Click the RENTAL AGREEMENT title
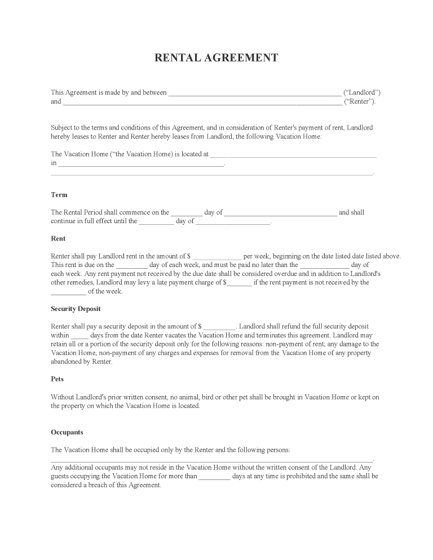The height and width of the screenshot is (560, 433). click(216, 58)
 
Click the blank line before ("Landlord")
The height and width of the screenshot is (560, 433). click(255, 94)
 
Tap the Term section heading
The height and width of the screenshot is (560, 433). click(59, 195)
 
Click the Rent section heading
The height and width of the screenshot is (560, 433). click(58, 238)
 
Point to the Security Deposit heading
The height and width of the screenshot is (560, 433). click(76, 309)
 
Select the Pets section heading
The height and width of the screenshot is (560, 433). click(58, 380)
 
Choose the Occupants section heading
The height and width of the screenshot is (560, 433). click(67, 432)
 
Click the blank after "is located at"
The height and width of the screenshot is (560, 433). click(293, 155)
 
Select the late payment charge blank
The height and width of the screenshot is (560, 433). click(239, 283)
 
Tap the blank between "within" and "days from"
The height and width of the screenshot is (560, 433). click(79, 336)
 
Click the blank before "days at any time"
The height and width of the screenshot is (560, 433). click(215, 477)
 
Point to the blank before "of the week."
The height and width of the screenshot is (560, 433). click(68, 292)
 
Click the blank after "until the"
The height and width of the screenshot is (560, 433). click(156, 222)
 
